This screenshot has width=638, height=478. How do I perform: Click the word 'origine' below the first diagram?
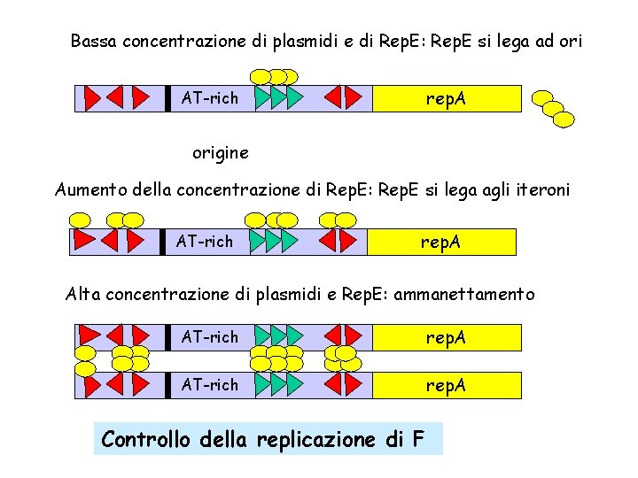221,153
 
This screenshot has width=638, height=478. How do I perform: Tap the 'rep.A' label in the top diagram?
446,98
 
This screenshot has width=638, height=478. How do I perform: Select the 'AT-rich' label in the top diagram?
210,98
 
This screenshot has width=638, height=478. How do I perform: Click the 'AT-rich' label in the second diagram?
205,241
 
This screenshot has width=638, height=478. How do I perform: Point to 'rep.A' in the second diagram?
440,241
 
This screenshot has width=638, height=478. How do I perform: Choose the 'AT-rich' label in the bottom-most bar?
210,385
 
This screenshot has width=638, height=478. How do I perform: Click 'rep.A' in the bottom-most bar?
446,385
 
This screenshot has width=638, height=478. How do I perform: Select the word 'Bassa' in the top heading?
94,41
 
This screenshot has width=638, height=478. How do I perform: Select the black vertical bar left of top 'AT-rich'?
166,98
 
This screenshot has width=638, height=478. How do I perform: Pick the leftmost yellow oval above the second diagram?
81,220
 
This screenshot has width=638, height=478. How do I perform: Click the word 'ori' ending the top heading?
569,41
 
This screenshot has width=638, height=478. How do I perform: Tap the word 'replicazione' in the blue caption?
314,439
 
